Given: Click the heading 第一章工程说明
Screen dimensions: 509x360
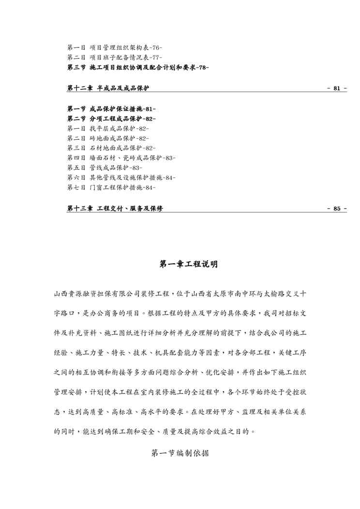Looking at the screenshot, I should (188, 264).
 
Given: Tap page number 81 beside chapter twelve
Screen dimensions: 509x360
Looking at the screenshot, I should (337, 89).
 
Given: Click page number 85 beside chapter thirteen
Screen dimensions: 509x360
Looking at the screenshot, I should (337, 209).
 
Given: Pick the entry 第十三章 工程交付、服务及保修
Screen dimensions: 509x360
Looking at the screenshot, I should (115, 209).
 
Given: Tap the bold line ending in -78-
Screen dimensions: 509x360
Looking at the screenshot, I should (138, 67).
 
